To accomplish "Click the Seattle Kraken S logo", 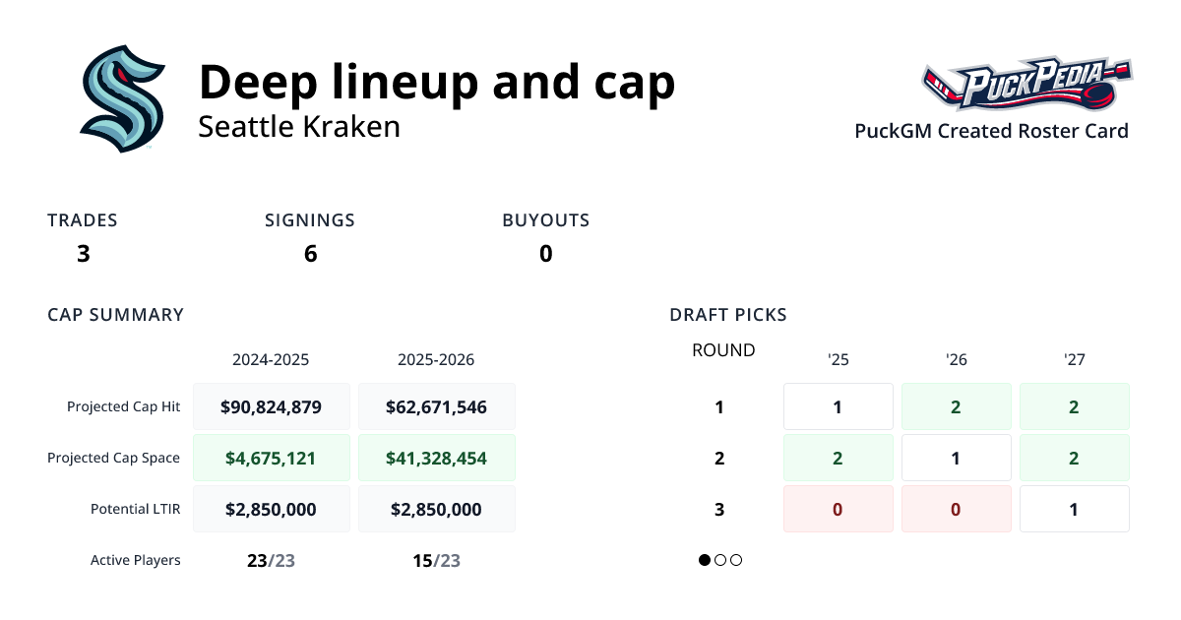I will pyautogui.click(x=122, y=98).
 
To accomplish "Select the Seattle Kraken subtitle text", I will pyautogui.click(x=299, y=127).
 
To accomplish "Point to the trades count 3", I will pyautogui.click(x=83, y=254).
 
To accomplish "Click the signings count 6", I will pyautogui.click(x=310, y=254).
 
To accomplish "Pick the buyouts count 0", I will pyautogui.click(x=545, y=254).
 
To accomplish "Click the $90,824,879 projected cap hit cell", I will pyautogui.click(x=271, y=406).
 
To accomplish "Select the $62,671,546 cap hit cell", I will pyautogui.click(x=436, y=406).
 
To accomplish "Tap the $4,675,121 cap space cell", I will pyautogui.click(x=271, y=458).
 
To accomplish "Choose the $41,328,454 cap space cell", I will pyautogui.click(x=436, y=458).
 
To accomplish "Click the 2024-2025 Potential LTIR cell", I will pyautogui.click(x=271, y=509).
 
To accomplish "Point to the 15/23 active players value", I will pyautogui.click(x=436, y=561).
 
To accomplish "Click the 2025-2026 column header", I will pyautogui.click(x=436, y=360).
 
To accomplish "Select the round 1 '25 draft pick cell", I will pyautogui.click(x=838, y=406).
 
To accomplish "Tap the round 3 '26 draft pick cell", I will pyautogui.click(x=956, y=509).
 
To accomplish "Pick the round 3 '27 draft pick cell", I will pyautogui.click(x=1074, y=509).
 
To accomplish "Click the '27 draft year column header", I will pyautogui.click(x=1074, y=360).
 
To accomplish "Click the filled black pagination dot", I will pyautogui.click(x=705, y=560).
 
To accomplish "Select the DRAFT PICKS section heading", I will pyautogui.click(x=727, y=315).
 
